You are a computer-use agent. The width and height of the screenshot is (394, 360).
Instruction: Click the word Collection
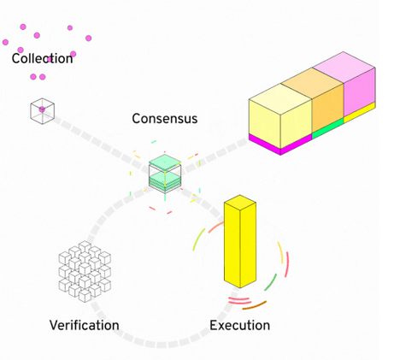(x=43, y=59)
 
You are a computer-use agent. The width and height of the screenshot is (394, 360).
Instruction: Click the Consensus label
(x=164, y=119)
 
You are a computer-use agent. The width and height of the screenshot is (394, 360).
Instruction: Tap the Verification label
(x=84, y=326)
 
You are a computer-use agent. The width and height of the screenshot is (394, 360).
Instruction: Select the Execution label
(x=239, y=326)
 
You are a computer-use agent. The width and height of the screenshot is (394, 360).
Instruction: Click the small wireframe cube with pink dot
(x=42, y=110)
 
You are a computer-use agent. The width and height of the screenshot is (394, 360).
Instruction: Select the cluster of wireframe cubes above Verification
(x=84, y=269)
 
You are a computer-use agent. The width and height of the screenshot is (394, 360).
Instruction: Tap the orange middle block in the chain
(x=328, y=107)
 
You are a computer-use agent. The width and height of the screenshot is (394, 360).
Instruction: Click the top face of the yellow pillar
(x=239, y=201)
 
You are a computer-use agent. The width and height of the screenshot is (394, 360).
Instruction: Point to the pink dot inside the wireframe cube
(x=42, y=109)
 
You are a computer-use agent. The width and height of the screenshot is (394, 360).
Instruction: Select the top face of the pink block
(x=345, y=63)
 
